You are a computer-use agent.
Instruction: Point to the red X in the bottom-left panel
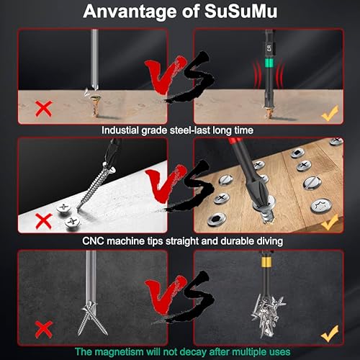coord(43,329)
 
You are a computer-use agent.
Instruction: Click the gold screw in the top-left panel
coord(92,106)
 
